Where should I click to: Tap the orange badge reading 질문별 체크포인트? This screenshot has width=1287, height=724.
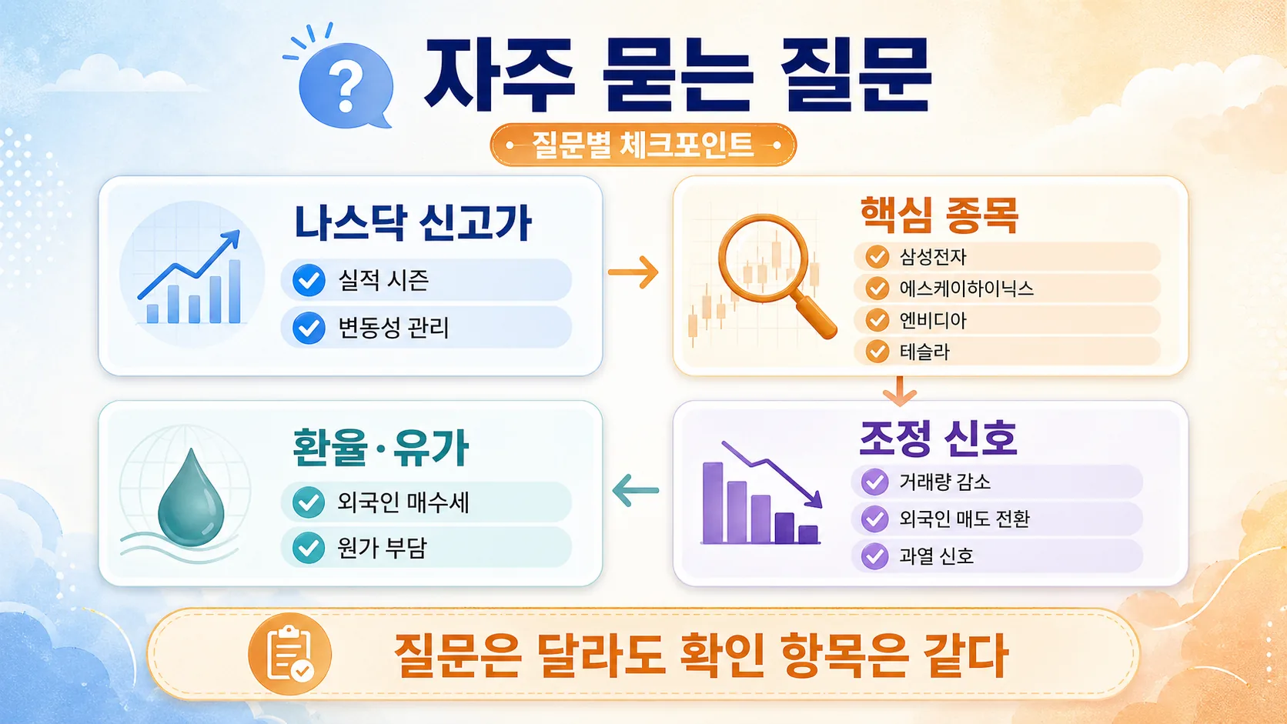tap(643, 145)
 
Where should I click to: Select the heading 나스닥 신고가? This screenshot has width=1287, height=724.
tap(413, 223)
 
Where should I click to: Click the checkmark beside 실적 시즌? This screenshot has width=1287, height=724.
tap(309, 280)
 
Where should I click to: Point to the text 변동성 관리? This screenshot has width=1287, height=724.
tap(393, 328)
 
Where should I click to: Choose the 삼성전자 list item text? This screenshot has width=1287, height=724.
tap(933, 257)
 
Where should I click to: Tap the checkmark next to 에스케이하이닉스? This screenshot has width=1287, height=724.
tap(877, 289)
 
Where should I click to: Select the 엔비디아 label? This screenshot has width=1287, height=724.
tap(933, 320)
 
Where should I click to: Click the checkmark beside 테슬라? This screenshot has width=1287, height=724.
tap(877, 352)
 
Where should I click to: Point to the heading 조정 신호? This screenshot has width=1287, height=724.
tap(938, 439)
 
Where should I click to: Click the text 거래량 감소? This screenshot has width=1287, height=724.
tap(944, 482)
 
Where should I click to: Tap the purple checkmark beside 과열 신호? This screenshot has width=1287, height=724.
tap(874, 556)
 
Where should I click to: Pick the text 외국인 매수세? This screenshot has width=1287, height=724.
tap(403, 502)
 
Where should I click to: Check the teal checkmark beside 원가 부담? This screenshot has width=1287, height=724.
tap(309, 548)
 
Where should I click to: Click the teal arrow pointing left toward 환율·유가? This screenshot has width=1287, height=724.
tap(636, 490)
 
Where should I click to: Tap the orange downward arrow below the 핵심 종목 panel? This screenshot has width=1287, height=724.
tap(899, 391)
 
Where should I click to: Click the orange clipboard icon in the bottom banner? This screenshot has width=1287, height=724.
tap(289, 654)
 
